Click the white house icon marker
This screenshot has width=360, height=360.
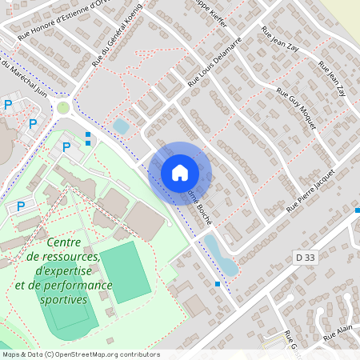point(180,172)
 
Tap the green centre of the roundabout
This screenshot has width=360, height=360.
point(63,107)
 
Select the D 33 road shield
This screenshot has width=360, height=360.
point(304,257)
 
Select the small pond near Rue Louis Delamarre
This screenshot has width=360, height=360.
point(121,126)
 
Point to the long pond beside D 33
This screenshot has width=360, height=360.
point(219,254)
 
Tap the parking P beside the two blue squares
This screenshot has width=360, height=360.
point(66,146)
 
